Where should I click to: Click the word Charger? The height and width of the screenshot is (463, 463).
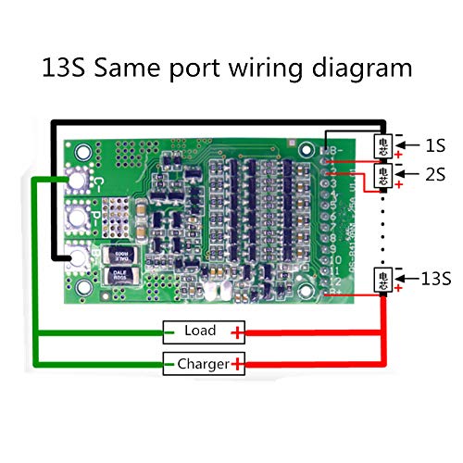203,364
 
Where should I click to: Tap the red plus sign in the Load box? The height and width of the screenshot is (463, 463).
238,332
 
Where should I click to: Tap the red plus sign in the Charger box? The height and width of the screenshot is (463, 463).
238,364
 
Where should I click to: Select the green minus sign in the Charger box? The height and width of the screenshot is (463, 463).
169,364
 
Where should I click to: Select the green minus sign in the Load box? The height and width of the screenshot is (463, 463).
169,332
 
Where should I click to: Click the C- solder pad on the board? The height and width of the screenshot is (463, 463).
81,183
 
